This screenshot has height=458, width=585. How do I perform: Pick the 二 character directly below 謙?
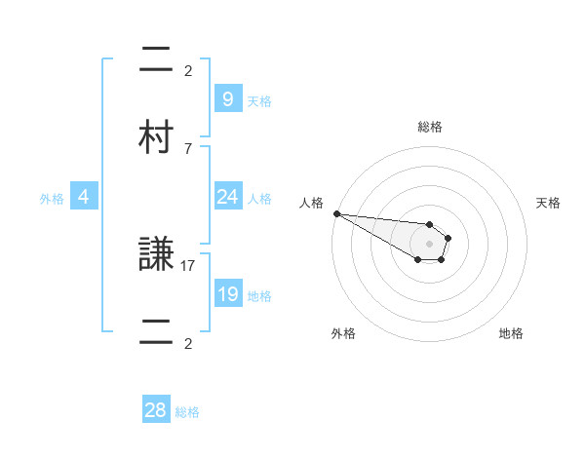157,332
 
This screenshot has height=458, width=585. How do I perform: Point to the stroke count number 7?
188,148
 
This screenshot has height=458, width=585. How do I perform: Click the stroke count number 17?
189,264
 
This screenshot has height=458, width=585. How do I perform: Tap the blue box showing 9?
227,98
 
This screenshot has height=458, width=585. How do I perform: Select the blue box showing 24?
227,197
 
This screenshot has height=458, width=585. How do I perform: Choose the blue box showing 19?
227,294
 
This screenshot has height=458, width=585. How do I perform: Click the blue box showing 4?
84,197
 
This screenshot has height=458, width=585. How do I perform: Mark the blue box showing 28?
156,410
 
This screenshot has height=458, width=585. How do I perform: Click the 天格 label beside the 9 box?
259,100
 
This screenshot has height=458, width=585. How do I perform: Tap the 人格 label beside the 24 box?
259,199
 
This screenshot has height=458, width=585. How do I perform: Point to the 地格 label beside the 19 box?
259,296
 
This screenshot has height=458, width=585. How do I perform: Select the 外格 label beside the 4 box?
52,199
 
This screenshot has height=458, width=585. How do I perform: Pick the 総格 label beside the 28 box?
187,412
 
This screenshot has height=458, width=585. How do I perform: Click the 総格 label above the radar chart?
430,127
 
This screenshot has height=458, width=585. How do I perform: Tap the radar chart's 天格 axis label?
549,203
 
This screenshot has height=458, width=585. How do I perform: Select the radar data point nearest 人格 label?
336,213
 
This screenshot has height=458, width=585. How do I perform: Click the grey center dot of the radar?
430,243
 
